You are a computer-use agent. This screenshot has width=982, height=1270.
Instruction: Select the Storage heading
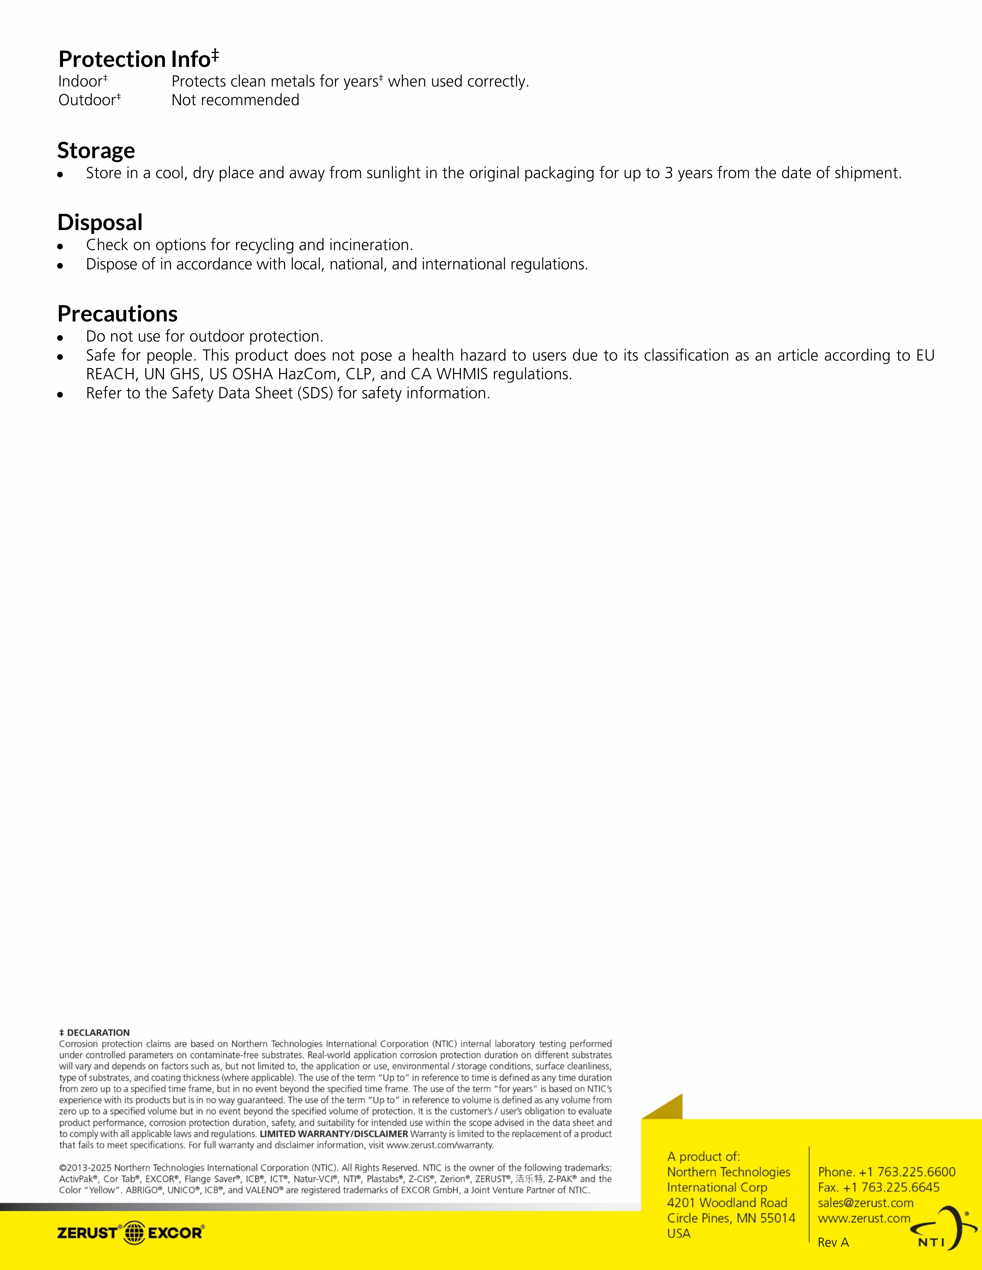pos(96,151)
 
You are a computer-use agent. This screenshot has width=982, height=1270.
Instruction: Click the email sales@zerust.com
pos(865,1202)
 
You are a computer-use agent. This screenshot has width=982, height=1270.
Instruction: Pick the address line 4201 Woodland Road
pos(727,1202)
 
